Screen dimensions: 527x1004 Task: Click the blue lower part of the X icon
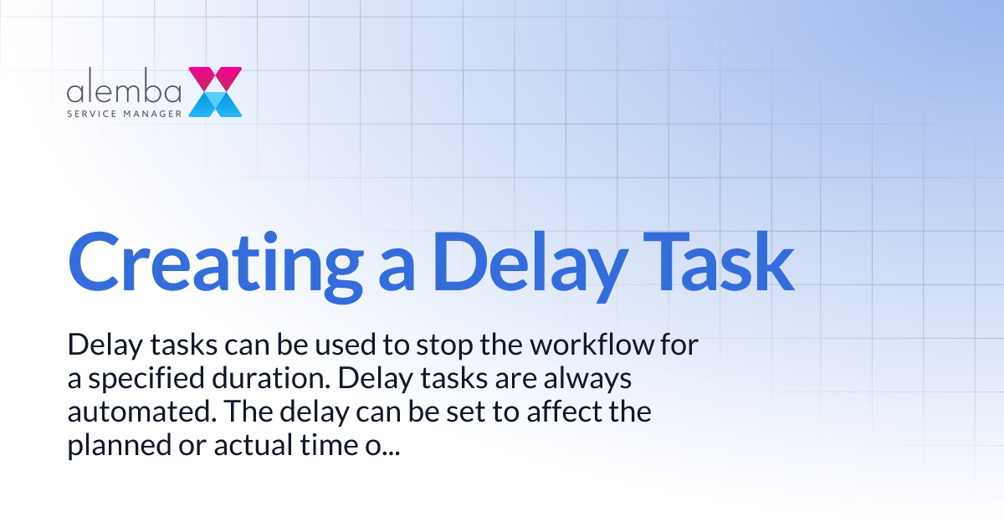tap(215, 105)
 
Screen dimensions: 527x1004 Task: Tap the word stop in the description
tap(401, 345)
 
